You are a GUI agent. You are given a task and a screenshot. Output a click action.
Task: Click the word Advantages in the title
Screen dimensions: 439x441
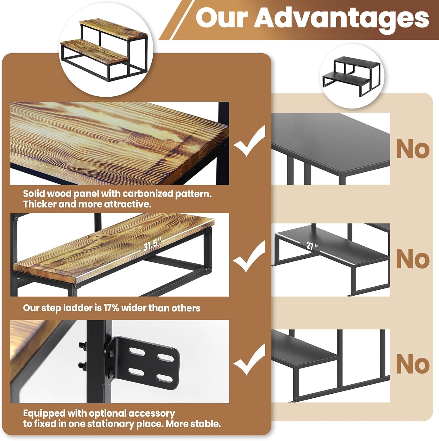(x=342, y=18)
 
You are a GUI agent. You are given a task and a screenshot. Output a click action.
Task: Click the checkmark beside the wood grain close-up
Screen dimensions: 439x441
(x=249, y=141)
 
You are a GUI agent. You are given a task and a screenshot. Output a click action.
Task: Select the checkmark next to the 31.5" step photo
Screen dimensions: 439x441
(x=249, y=256)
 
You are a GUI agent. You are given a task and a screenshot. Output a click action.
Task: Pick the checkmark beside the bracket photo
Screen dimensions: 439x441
(x=249, y=359)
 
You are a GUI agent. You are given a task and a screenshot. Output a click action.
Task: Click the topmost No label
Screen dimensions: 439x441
(x=413, y=149)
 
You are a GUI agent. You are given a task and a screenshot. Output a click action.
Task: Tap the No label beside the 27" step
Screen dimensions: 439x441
(x=413, y=259)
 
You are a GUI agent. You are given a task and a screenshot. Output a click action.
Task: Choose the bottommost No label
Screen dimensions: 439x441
(x=413, y=364)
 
